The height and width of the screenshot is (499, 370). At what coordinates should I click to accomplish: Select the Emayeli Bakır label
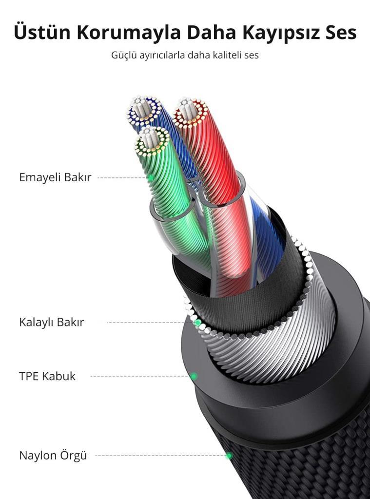(55, 177)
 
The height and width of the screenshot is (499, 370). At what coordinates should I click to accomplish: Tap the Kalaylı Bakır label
(52, 322)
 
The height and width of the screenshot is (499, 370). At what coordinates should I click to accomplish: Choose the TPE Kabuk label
(47, 376)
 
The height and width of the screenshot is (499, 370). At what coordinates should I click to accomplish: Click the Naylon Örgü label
(53, 456)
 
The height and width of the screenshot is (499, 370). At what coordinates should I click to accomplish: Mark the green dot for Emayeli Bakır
(150, 178)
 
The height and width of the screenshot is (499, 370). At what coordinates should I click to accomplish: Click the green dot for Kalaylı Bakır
(197, 322)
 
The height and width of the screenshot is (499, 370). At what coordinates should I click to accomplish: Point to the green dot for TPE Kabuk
(194, 376)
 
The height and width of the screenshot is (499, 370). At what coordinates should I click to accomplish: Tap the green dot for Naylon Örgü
(229, 456)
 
